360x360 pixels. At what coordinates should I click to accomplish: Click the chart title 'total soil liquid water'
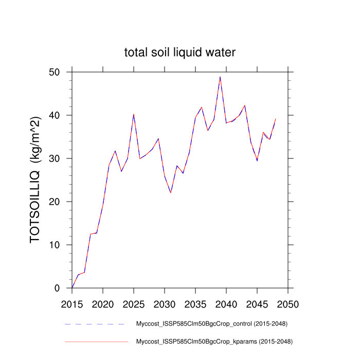click(180, 52)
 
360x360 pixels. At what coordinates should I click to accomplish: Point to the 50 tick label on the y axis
click(61, 72)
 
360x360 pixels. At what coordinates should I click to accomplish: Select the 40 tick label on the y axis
click(61, 115)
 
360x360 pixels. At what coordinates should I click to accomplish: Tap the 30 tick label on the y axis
click(61, 158)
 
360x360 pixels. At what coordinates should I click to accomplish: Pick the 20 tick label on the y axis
click(61, 202)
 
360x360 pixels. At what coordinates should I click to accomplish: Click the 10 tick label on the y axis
click(61, 245)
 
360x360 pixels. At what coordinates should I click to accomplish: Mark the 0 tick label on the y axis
click(64, 288)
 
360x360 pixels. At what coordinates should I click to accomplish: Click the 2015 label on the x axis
click(72, 303)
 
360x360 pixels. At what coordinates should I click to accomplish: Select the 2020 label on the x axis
click(103, 303)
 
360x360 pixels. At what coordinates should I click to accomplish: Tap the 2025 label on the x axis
click(134, 303)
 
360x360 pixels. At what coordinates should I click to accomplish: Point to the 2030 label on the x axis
click(165, 303)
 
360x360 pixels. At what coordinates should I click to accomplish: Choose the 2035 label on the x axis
click(195, 303)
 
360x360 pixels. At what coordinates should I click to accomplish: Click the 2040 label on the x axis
click(226, 303)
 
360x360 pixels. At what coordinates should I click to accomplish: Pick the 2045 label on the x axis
click(257, 303)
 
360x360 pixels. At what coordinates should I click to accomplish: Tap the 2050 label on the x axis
click(288, 303)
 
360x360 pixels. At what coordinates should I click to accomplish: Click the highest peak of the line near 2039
click(220, 77)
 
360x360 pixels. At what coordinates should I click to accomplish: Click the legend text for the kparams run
click(214, 341)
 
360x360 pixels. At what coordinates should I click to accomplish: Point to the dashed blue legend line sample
click(95, 324)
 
